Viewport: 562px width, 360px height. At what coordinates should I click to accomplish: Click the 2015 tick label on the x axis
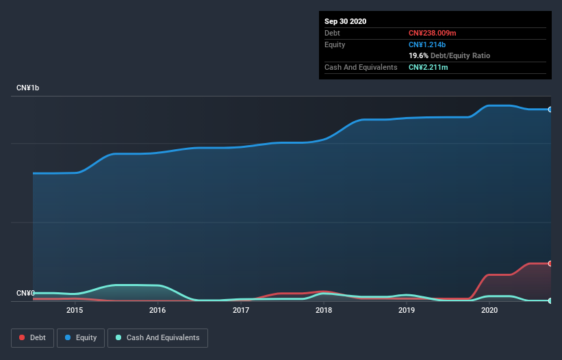click(x=75, y=310)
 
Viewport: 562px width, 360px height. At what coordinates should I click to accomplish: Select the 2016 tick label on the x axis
click(x=157, y=310)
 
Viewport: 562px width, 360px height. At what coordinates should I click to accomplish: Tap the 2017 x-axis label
click(x=241, y=310)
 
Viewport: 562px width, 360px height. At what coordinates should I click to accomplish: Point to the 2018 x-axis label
click(x=324, y=310)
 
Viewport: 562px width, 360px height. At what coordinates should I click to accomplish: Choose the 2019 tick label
click(x=407, y=310)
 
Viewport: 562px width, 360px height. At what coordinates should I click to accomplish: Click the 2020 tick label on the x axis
click(x=489, y=310)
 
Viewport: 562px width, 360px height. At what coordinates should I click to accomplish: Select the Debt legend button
click(x=32, y=337)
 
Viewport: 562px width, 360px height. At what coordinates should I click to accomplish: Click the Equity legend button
click(x=81, y=337)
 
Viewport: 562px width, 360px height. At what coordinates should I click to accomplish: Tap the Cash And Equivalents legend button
click(x=157, y=337)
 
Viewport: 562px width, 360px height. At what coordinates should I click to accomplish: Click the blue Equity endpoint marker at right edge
click(x=550, y=110)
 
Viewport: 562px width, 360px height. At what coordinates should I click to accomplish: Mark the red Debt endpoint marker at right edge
click(x=550, y=263)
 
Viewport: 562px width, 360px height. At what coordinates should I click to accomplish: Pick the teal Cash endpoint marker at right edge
click(x=550, y=300)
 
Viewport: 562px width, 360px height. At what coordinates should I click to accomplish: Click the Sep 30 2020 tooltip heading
click(x=346, y=21)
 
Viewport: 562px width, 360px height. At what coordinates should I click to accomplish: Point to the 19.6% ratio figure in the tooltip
click(x=418, y=55)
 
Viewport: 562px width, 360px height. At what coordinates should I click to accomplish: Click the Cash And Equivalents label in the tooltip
click(x=361, y=67)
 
